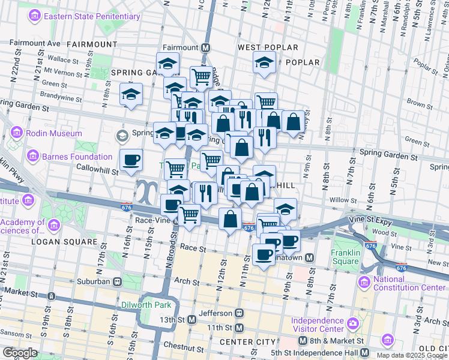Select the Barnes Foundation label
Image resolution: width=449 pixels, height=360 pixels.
[x=77, y=157]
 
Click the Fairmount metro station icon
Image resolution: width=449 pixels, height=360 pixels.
[x=206, y=47]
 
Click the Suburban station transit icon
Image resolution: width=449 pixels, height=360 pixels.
[x=118, y=281]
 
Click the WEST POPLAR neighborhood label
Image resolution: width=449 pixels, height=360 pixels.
[x=268, y=47]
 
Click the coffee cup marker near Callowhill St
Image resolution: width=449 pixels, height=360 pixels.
[x=131, y=160]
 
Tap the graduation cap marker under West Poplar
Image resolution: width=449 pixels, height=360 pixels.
[x=264, y=62]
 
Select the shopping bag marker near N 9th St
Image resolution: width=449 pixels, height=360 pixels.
[x=294, y=122]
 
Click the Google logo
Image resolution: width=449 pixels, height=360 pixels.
[x=20, y=353]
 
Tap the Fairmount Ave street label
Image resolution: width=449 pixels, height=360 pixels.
[x=35, y=43]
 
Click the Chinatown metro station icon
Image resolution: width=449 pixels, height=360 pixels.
[x=310, y=257]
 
